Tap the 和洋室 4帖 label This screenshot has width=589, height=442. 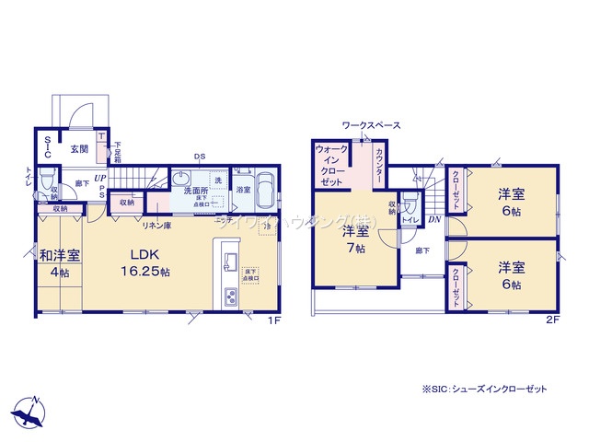59,262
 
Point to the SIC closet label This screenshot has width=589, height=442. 48,148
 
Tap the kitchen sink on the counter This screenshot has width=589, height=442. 230,259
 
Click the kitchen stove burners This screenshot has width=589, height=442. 230,297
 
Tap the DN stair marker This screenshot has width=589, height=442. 433,219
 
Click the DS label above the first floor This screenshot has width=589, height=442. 199,157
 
